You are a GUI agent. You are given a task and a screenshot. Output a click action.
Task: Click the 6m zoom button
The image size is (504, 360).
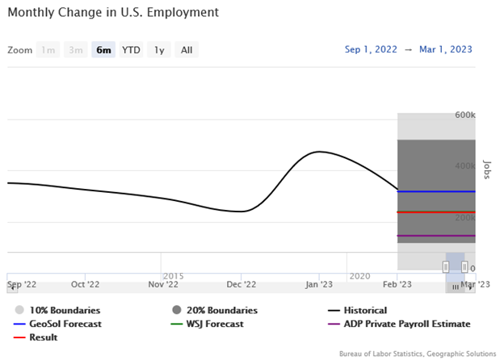[x=103, y=50]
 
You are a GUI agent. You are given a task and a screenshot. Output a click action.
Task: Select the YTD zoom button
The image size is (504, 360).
[x=131, y=50]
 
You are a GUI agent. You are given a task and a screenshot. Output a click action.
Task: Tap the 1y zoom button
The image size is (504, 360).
[x=159, y=50]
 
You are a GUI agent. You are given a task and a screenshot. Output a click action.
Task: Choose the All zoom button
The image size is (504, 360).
[x=187, y=50]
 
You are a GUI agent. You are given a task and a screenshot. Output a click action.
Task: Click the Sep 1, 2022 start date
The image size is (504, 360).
[x=371, y=49]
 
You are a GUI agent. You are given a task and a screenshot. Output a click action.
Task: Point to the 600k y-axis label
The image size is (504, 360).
[x=465, y=115]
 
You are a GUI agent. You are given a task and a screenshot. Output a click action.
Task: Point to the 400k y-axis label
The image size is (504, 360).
[x=465, y=166]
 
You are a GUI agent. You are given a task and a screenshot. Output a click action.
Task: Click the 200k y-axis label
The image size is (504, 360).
[x=465, y=218]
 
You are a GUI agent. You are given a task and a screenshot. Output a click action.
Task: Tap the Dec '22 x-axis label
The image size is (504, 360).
[x=241, y=284]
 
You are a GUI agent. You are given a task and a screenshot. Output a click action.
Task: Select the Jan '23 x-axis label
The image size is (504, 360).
[x=319, y=284]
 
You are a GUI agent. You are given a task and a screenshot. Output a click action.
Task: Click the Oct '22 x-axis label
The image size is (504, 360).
[x=85, y=284]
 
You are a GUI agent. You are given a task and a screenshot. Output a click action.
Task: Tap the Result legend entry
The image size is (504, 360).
[x=42, y=337]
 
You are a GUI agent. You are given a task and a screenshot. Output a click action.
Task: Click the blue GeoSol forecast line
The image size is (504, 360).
[x=436, y=191]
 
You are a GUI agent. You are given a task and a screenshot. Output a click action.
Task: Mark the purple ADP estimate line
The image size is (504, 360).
[x=436, y=236]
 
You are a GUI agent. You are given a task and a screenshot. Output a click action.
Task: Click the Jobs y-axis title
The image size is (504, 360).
[x=486, y=168]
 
